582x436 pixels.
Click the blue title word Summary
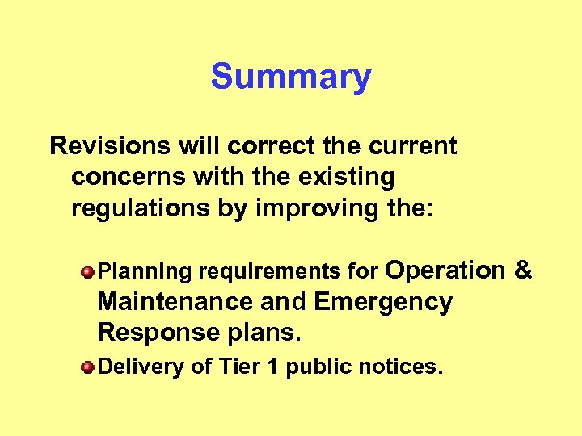pos(291,78)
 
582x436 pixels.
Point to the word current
pos(413,146)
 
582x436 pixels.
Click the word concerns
pos(120,177)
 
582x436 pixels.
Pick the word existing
pos(345,177)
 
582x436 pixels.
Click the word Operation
pos(445,270)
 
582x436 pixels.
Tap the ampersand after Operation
pos(522,270)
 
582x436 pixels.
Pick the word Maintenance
pos(175,302)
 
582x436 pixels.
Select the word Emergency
pos(383,302)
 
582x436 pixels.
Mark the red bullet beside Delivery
pos(88,367)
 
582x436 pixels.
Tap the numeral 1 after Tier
pos(271,367)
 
